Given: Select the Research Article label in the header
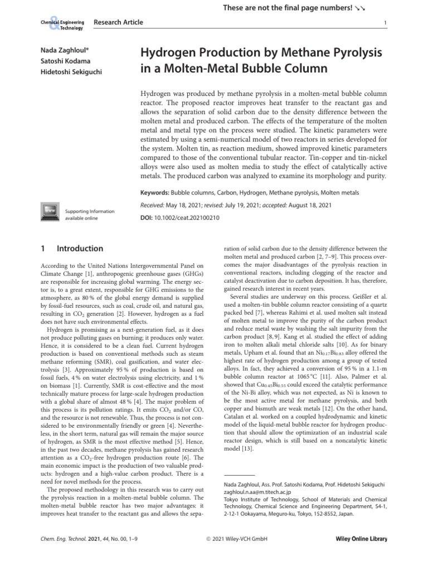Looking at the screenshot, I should coord(119,22).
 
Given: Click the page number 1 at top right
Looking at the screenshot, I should coord(386,23).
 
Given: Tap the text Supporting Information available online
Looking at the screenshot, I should coord(90,215).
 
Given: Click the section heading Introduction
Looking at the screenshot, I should coord(80,249).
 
